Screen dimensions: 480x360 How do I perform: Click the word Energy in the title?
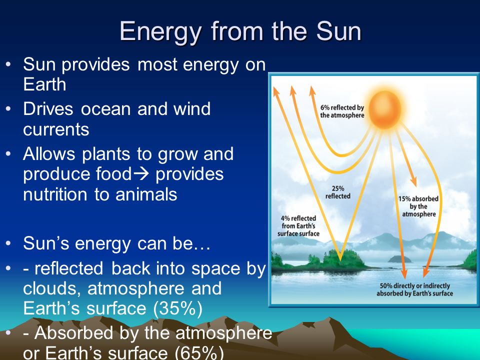[x=160, y=32]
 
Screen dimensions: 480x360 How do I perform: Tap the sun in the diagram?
[x=385, y=109]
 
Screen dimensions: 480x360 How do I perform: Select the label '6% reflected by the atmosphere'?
[x=342, y=111]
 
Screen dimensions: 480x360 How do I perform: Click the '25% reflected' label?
[x=337, y=192]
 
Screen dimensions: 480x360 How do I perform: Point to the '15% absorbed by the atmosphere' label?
[x=418, y=206]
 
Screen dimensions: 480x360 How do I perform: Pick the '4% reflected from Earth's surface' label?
[x=298, y=226]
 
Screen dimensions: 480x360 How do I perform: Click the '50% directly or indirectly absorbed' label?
[x=414, y=289]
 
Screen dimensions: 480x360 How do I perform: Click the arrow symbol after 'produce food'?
[x=141, y=174]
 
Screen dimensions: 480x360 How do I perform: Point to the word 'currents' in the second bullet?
[x=56, y=129]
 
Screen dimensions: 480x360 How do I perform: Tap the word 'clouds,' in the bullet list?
[x=51, y=288]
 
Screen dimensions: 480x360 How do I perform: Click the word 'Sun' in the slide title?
[x=338, y=31]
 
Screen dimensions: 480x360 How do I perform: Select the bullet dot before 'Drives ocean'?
[x=8, y=108]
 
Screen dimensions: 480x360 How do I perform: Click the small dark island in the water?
[x=399, y=259]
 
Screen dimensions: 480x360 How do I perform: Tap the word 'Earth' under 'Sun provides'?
[x=44, y=84]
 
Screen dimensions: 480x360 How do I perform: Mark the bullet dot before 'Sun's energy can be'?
[x=8, y=243]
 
